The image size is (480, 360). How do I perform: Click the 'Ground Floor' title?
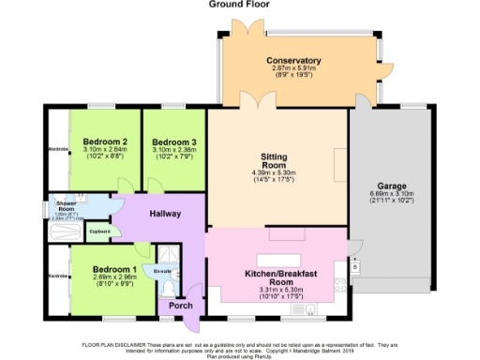239,5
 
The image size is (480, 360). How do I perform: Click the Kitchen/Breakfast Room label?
277,277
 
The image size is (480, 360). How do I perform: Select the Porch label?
180,306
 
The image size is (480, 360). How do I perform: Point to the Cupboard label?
99,231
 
